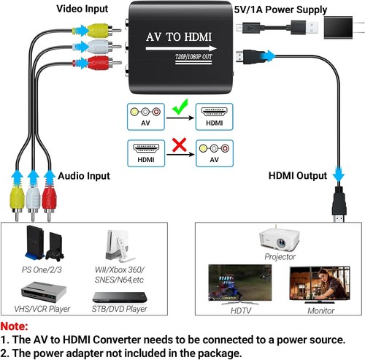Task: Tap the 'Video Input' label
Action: (83, 9)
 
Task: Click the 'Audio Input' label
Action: (83, 176)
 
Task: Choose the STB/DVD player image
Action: (115, 298)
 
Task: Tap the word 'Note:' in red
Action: (15, 326)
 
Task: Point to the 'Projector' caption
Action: (280, 257)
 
